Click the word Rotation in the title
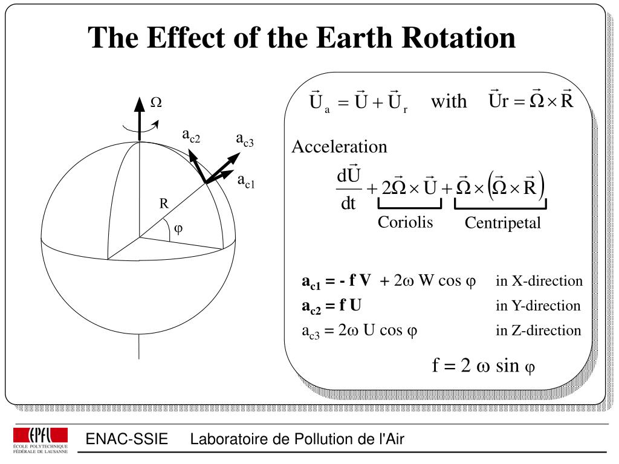tap(464, 38)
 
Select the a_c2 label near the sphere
tap(191, 136)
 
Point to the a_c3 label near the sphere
tap(245, 141)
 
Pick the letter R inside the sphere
tap(163, 204)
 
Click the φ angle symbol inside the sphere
tap(178, 229)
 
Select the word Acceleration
tap(339, 147)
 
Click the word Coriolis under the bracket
tap(406, 222)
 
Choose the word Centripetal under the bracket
tap(502, 224)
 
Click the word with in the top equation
tap(449, 101)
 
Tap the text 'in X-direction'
tap(539, 281)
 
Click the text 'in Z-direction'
tap(538, 330)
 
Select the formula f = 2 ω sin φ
tap(484, 366)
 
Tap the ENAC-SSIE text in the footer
tap(126, 439)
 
